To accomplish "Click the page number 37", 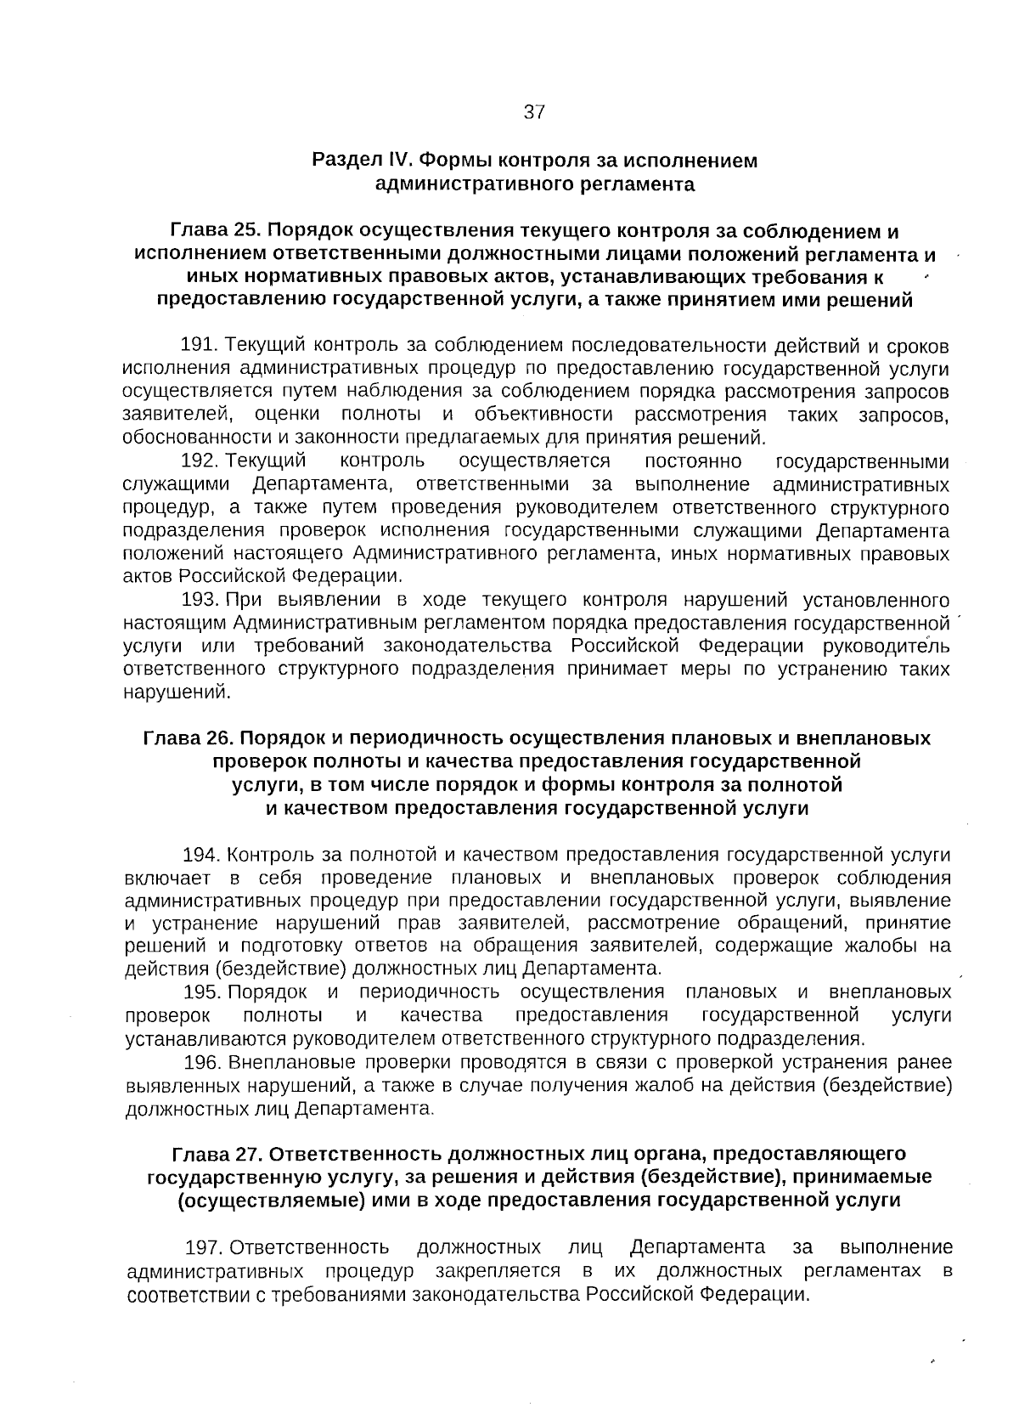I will pos(533,112).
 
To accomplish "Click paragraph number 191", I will pos(200,346).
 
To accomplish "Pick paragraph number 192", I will pos(200,461).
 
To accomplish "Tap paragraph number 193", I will pos(200,600).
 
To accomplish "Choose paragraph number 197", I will pos(204,1247).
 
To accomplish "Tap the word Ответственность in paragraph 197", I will pos(309,1247).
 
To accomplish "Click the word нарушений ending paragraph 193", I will pos(176,692).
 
